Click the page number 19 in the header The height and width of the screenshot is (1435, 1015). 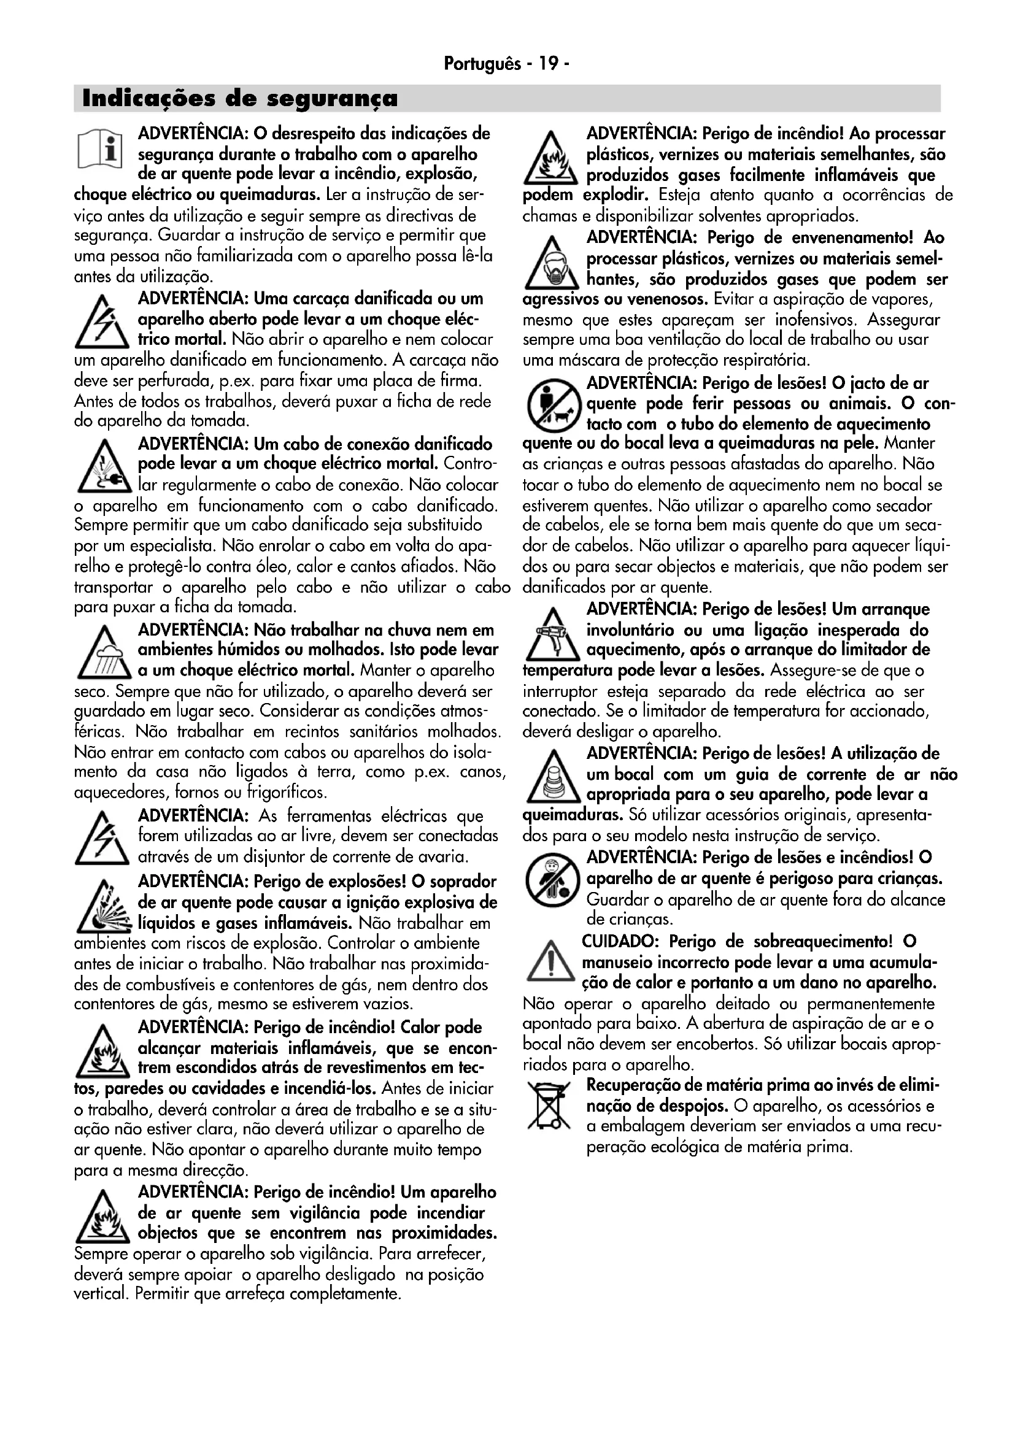547,64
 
